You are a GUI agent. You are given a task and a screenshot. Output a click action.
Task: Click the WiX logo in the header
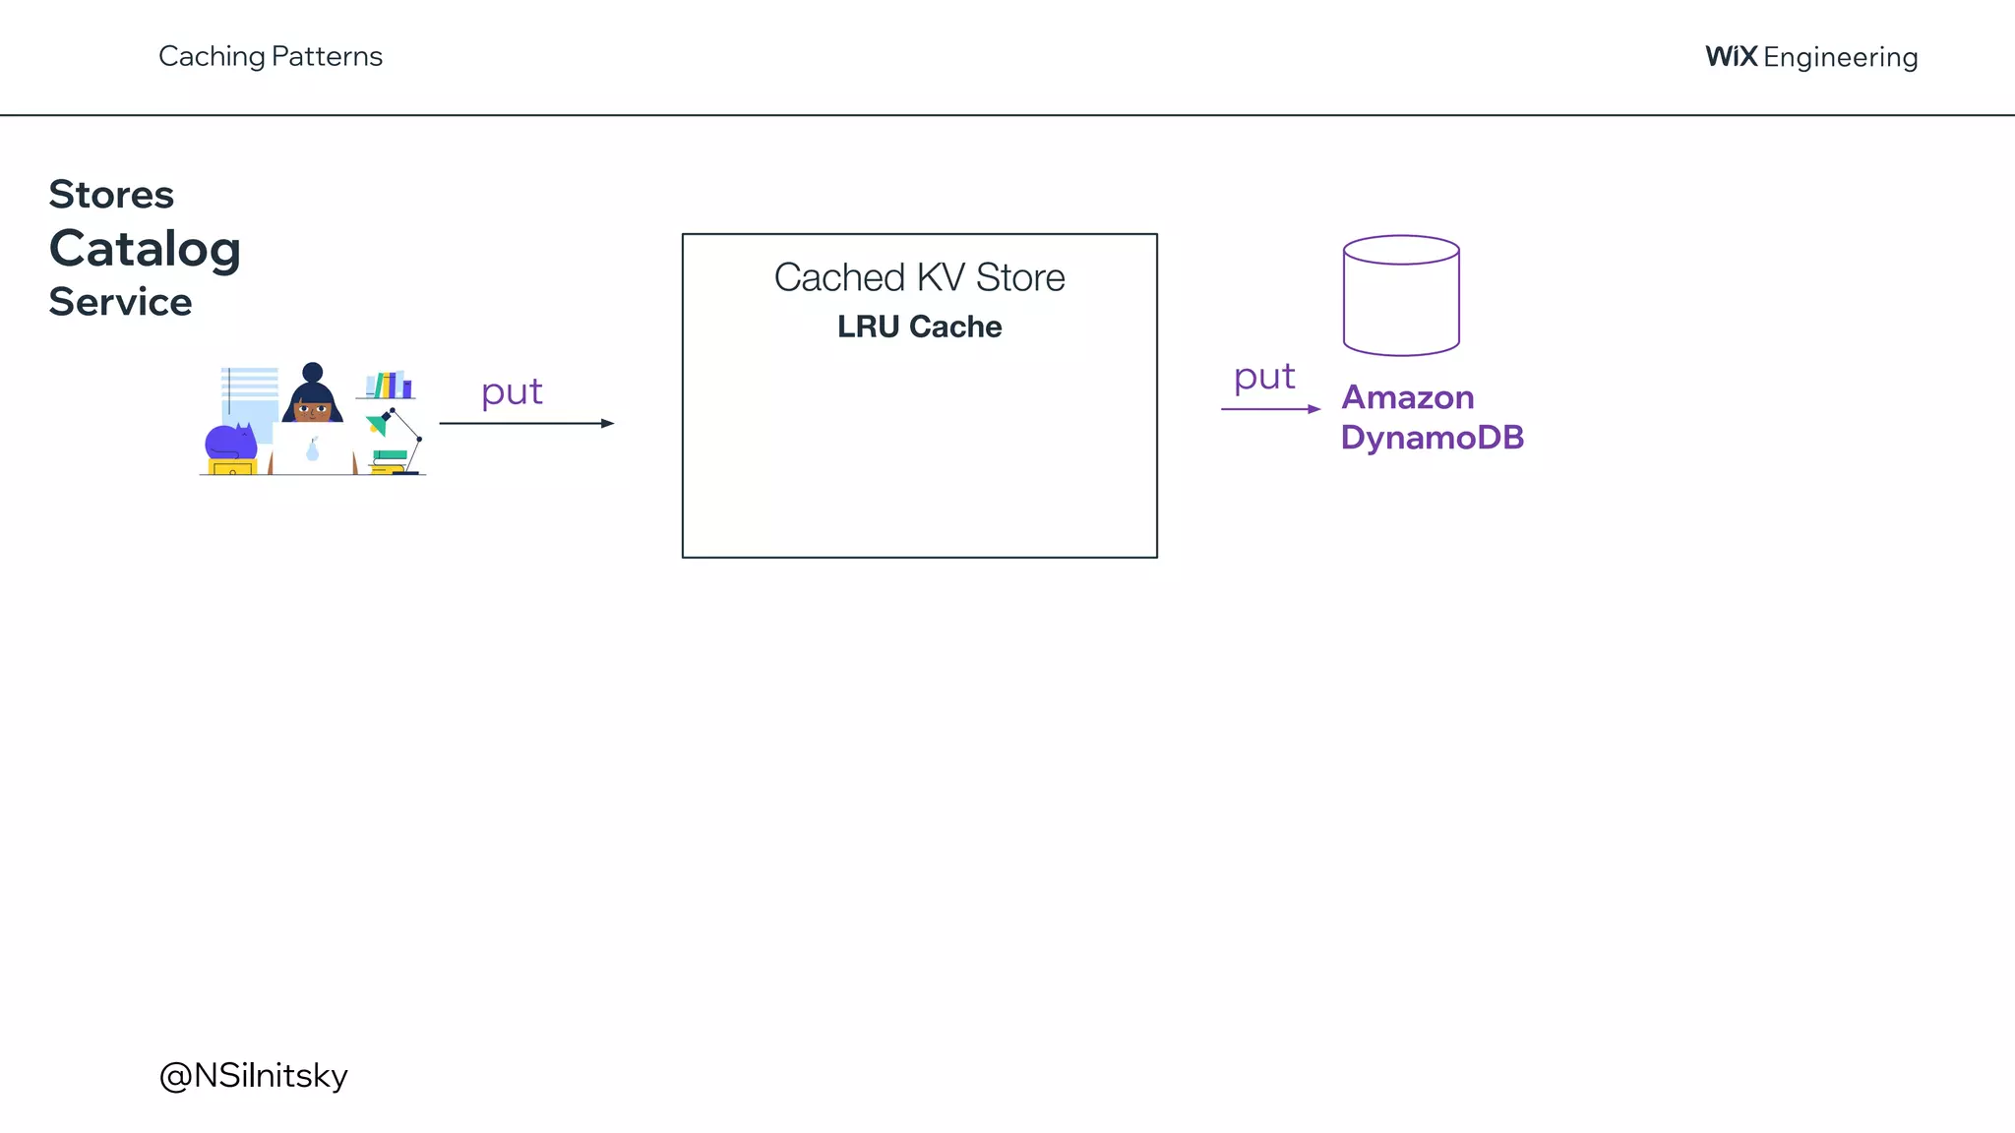[1731, 57]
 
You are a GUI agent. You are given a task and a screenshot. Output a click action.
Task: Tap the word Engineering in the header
[1840, 58]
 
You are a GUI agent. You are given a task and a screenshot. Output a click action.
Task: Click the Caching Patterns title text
[271, 57]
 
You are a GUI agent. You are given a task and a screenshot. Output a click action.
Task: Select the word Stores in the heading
[111, 195]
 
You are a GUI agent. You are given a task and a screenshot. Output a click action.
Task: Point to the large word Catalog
[145, 249]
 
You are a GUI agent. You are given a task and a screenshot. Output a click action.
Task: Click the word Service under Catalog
[120, 302]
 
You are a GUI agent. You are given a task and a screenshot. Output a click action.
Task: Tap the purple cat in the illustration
[230, 442]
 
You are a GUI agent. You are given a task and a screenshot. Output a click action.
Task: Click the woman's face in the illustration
[313, 409]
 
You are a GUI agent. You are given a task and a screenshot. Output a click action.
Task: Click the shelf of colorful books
[390, 385]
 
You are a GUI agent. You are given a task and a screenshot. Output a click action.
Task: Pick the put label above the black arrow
[512, 392]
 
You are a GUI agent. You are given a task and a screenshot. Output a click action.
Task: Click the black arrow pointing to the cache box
[526, 423]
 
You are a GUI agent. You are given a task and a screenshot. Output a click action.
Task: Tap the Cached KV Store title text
[919, 278]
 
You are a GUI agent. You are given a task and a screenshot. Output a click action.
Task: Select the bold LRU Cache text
[919, 327]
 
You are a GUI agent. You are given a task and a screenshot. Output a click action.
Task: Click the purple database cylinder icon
[1401, 295]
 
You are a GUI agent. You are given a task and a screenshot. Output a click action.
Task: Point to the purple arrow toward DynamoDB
[1270, 408]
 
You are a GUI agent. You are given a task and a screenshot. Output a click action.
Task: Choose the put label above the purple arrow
[1264, 378]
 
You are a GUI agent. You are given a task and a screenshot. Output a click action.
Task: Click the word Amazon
[1407, 397]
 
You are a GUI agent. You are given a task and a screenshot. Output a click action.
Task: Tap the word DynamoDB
[1432, 438]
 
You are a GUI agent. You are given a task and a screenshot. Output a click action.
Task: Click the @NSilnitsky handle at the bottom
[254, 1075]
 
